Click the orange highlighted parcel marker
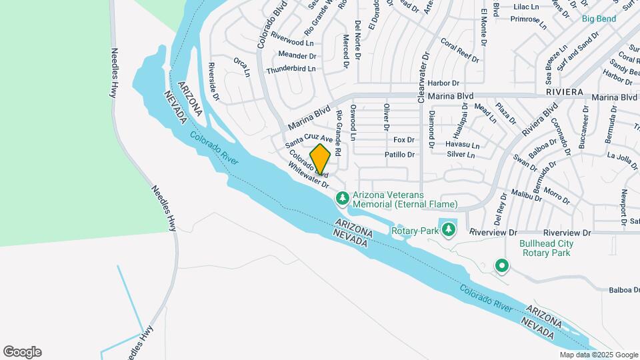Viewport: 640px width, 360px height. coord(321,159)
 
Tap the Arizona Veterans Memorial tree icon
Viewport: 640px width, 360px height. coord(343,198)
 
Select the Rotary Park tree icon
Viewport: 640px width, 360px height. coord(449,229)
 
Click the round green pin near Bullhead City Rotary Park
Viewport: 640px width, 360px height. coord(501,267)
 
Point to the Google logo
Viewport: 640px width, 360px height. coord(22,351)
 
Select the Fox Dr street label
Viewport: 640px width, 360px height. coord(404,140)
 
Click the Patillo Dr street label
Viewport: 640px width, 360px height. coord(400,155)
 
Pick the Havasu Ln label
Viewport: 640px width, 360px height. coord(462,145)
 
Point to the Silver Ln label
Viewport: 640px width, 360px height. coord(461,155)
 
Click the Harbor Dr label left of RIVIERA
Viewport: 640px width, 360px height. coord(444,83)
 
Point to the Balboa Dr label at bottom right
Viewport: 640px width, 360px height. coord(624,290)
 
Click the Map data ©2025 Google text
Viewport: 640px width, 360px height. coord(598,355)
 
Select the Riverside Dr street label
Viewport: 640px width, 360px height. coord(213,81)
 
